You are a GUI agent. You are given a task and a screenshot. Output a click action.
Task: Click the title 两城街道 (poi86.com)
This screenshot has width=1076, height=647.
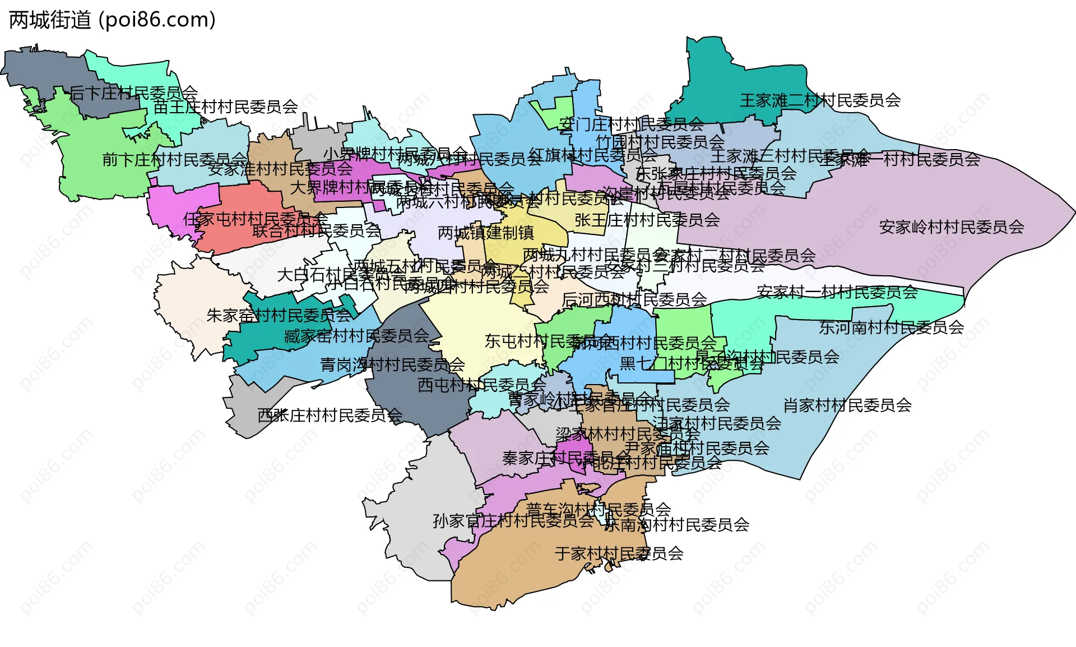coord(112,20)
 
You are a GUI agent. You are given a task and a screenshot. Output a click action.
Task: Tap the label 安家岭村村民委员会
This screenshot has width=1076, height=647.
coord(951,228)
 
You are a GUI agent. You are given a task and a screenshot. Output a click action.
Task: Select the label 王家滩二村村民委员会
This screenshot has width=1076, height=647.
coord(820,101)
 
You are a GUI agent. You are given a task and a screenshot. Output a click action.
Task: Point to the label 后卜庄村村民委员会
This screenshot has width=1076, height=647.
coord(133,93)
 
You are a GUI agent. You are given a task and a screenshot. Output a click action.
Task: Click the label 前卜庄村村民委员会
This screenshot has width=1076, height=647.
coord(174,160)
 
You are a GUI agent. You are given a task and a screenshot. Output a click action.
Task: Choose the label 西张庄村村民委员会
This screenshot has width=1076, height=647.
coord(330,416)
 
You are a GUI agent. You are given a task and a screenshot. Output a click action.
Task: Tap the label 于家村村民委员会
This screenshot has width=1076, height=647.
coord(619,554)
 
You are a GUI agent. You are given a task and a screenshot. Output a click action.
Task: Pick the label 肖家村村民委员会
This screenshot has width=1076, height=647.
coord(847,405)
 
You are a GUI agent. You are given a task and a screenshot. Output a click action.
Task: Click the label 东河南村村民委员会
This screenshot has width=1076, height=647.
coord(891,327)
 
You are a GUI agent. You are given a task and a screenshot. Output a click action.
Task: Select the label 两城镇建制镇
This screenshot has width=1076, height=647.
coord(485,233)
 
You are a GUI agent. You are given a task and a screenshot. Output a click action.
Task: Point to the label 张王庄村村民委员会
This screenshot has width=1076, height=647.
coord(647,220)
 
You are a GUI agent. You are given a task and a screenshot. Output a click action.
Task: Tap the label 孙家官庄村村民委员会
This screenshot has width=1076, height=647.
coord(513,521)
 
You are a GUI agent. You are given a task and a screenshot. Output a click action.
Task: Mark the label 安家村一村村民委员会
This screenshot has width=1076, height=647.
coord(837,292)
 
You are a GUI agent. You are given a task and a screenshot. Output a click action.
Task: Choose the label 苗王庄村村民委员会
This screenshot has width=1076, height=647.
coord(225,107)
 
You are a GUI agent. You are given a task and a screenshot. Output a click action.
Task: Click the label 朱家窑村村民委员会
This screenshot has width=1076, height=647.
coord(279,316)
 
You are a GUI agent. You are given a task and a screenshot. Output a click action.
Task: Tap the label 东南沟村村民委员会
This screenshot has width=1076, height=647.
coord(676,525)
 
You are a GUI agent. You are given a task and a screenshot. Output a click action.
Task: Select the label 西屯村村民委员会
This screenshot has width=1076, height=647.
coord(481,385)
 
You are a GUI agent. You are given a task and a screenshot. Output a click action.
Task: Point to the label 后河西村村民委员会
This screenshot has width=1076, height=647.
coord(634,300)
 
